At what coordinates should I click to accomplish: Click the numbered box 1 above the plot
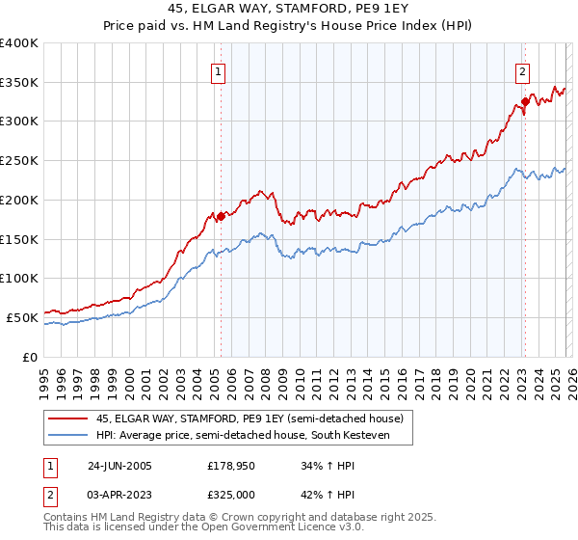point(220,71)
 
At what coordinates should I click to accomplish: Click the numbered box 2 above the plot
point(522,71)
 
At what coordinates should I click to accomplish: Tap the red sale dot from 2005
point(221,216)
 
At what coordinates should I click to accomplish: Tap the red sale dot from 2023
point(525,100)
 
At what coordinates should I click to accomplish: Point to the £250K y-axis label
point(19,160)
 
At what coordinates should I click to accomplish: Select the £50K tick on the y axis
point(23,316)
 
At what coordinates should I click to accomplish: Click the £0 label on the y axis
point(31,356)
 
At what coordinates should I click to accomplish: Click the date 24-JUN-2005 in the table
point(119,466)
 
